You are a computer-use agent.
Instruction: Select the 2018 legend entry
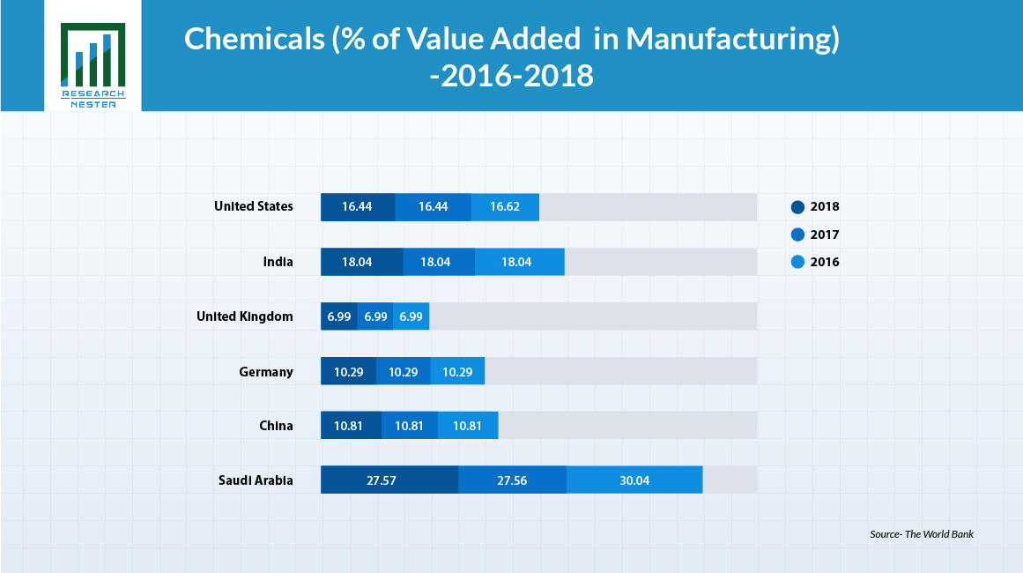(x=815, y=207)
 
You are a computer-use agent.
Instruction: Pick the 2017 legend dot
(x=797, y=234)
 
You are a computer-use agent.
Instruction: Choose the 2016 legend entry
(x=815, y=262)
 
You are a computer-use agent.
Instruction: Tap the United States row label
(x=254, y=206)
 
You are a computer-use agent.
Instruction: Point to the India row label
(x=278, y=262)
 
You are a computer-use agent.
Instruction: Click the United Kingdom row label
(x=244, y=316)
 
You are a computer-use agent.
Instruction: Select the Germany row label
(x=266, y=371)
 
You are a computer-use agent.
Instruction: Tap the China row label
(x=276, y=426)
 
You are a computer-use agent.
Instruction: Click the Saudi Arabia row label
(x=256, y=480)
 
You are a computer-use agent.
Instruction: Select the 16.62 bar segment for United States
(x=505, y=207)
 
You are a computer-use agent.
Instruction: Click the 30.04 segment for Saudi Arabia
(x=634, y=480)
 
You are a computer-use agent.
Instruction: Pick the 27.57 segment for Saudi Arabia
(x=389, y=480)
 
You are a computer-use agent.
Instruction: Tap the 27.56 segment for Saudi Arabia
(x=512, y=480)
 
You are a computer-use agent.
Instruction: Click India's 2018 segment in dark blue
(x=361, y=262)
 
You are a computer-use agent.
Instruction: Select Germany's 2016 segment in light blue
(x=457, y=371)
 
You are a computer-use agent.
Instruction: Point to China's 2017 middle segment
(x=409, y=426)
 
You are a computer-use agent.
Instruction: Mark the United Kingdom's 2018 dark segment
(x=339, y=316)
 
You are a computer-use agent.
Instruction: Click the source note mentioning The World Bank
(x=922, y=534)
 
